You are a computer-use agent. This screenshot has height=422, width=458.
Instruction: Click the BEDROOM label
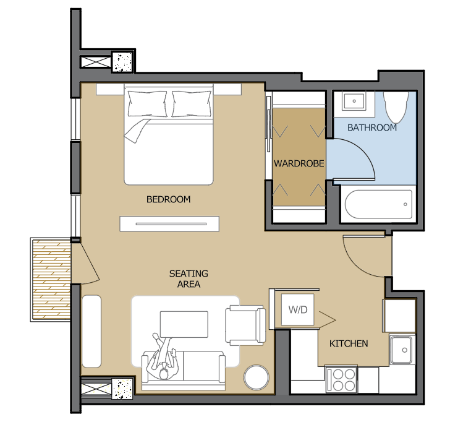point(168,199)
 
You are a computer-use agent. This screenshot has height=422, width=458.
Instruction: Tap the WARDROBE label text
point(299,163)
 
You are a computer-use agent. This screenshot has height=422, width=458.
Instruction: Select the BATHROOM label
point(372,127)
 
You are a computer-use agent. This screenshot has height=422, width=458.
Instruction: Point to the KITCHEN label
point(349,343)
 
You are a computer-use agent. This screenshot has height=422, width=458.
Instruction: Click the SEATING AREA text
point(189,278)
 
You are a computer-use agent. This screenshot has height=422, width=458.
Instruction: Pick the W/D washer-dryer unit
point(298,309)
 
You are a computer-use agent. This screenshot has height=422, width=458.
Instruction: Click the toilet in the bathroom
point(396,107)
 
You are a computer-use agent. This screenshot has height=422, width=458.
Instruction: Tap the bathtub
point(378,204)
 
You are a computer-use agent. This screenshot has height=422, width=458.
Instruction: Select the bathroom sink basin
point(354,101)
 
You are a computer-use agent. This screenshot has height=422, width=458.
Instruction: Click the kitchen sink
point(402,350)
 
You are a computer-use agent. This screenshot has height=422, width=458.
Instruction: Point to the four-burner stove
point(341,379)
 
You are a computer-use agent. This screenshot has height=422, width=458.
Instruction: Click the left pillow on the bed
point(148,104)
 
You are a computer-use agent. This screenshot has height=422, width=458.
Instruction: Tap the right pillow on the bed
point(192,104)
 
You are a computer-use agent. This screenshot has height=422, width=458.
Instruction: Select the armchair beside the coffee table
point(245,325)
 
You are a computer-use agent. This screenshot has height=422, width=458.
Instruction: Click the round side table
point(257,377)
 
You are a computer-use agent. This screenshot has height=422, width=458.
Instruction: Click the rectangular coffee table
point(184,324)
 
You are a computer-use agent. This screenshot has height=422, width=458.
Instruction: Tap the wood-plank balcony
point(51,280)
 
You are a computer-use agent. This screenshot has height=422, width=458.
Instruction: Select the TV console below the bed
point(169,224)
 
